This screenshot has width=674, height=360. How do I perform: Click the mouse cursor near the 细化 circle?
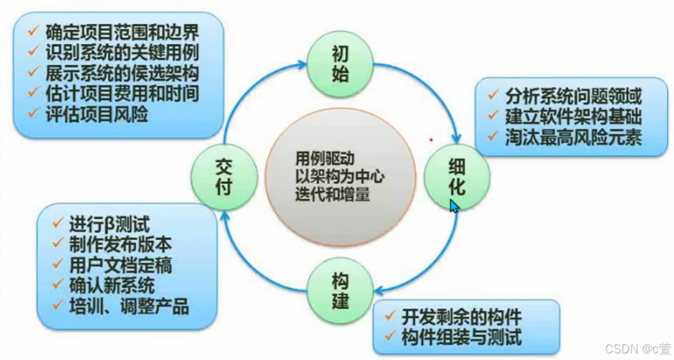[x=453, y=206]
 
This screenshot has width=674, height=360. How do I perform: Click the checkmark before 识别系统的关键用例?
[x=33, y=52]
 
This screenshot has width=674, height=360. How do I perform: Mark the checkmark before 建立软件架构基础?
[x=493, y=116]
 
